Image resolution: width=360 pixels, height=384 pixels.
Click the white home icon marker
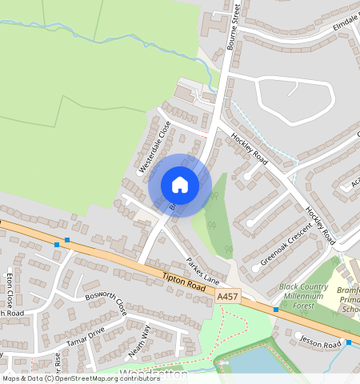coord(180,185)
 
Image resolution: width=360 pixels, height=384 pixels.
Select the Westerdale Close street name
coord(154,146)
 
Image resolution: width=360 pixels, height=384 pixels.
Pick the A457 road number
coord(228,296)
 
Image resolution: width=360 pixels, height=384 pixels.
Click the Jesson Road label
coord(321,342)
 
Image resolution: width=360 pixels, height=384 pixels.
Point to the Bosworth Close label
coord(106,304)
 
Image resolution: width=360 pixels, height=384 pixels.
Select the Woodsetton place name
coord(154,374)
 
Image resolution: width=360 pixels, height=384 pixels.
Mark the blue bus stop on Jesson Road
coord(349,342)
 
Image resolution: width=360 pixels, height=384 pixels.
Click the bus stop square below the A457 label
coord(275,309)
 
